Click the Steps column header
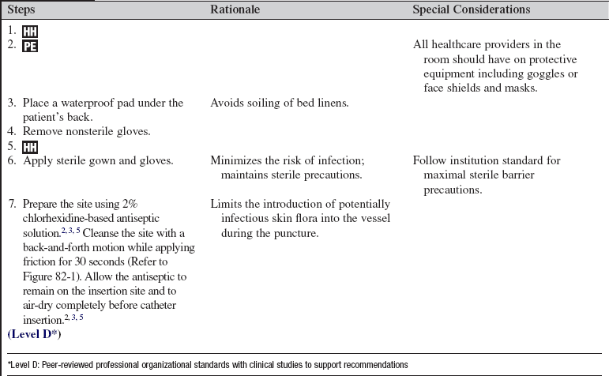24,10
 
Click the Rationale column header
235,10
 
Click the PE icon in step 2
30,45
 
